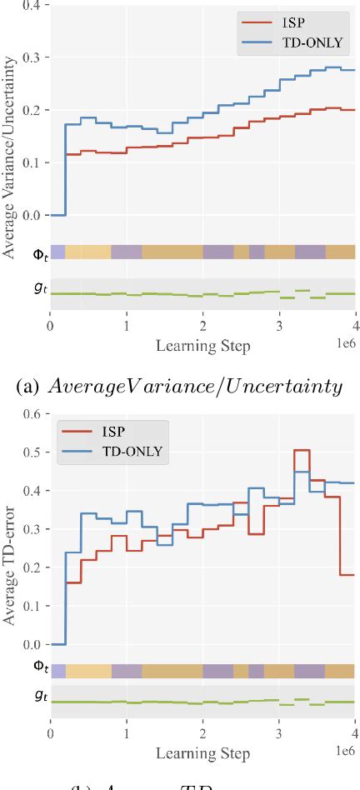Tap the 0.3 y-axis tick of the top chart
coord(32,57)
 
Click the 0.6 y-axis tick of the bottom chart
coord(32,414)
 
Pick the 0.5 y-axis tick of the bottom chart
coord(32,452)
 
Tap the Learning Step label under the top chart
coord(203,344)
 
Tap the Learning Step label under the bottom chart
coord(203,753)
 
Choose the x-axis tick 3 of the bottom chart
coord(279,734)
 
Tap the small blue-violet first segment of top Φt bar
coord(57,252)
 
